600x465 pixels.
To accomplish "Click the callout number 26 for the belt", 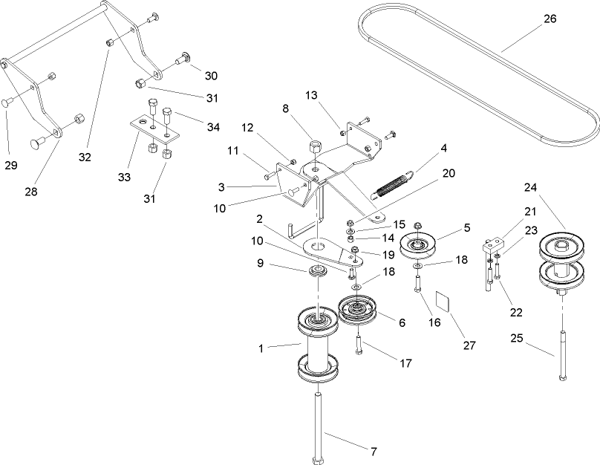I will [x=550, y=19].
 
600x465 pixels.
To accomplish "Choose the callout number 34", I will [x=213, y=127].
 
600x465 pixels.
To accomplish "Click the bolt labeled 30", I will [x=183, y=61].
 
